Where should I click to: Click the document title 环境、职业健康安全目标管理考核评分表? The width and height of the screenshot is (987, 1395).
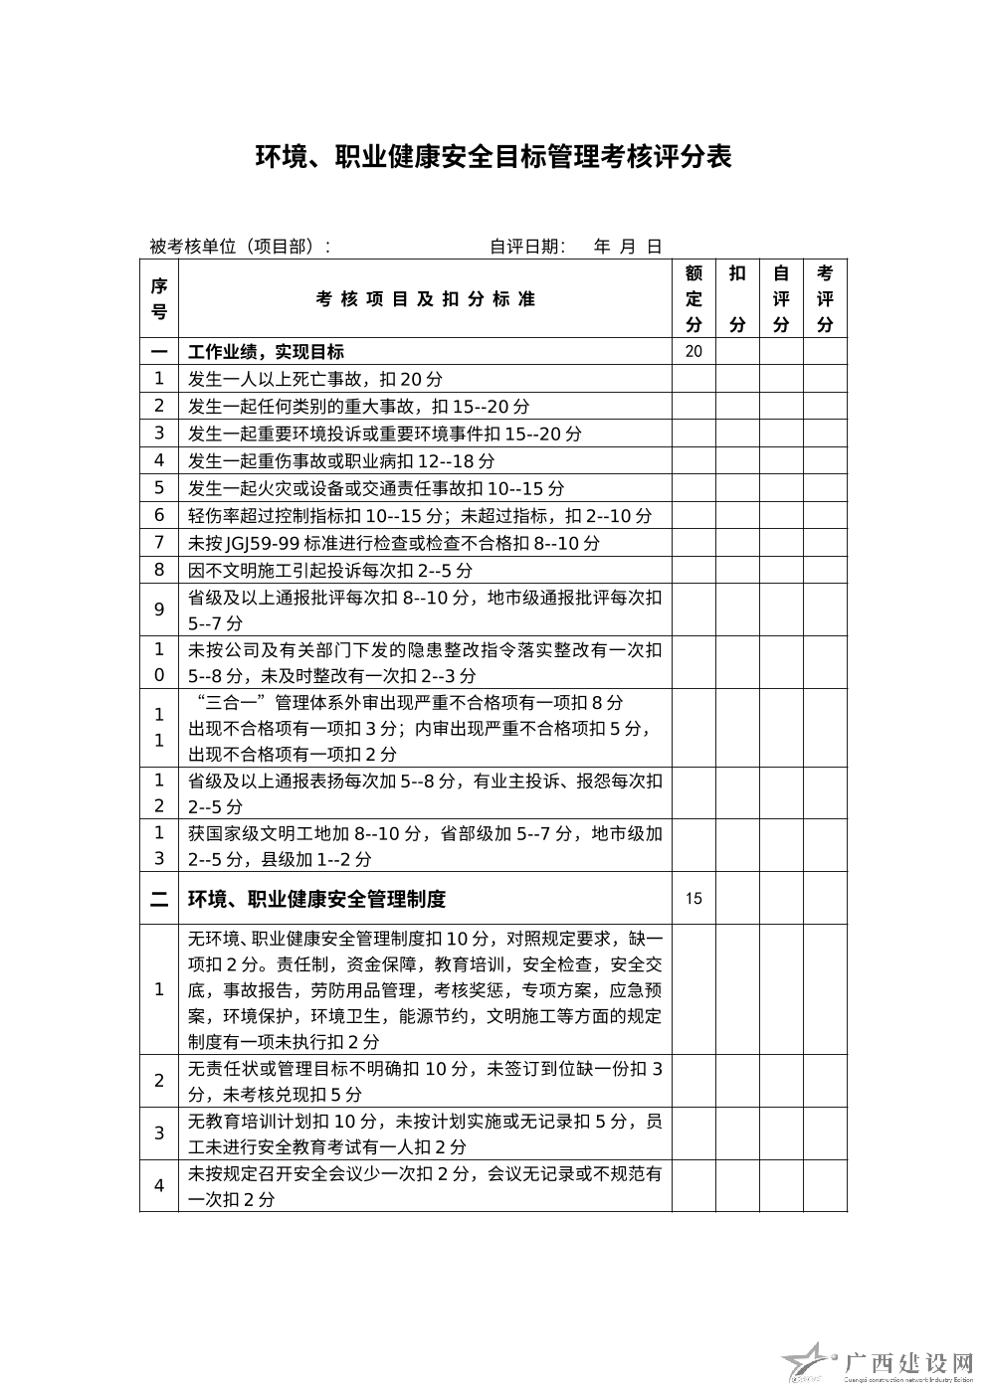tap(493, 157)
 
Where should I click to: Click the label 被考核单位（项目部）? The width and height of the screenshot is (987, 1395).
tap(240, 247)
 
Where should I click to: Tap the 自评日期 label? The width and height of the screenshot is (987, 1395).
tap(527, 247)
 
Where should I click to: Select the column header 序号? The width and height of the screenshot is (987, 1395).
tap(158, 298)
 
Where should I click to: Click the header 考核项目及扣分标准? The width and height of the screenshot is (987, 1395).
tap(425, 299)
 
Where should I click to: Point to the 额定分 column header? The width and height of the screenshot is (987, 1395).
tap(693, 298)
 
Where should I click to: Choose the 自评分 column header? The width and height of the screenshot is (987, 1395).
tap(781, 298)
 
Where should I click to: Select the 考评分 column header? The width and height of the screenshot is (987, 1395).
tap(825, 298)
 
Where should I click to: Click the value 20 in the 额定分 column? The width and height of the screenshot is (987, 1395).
tap(693, 351)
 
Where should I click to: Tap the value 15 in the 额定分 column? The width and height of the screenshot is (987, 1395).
tap(693, 899)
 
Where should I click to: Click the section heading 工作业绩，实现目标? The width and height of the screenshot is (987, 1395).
tap(266, 352)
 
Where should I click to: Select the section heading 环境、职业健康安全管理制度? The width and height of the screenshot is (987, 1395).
tap(316, 899)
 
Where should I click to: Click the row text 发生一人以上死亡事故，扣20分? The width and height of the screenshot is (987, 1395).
tap(315, 379)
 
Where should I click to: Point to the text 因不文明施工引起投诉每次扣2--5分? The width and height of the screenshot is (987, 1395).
tap(329, 571)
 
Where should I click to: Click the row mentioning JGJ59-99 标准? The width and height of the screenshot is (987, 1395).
tap(394, 543)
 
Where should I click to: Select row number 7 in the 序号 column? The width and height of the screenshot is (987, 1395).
tap(158, 543)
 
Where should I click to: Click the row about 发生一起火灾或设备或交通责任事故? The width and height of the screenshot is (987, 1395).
tap(376, 488)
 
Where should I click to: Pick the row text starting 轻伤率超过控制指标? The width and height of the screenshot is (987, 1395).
tap(420, 516)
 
